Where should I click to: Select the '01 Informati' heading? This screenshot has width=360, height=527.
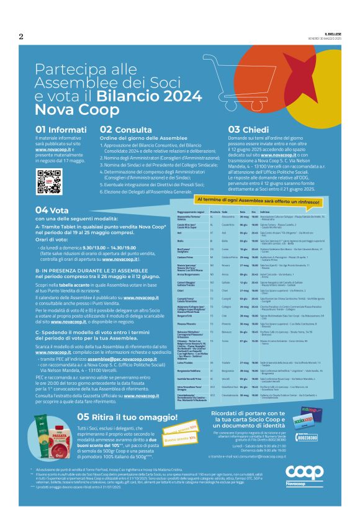pos(57,129)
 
